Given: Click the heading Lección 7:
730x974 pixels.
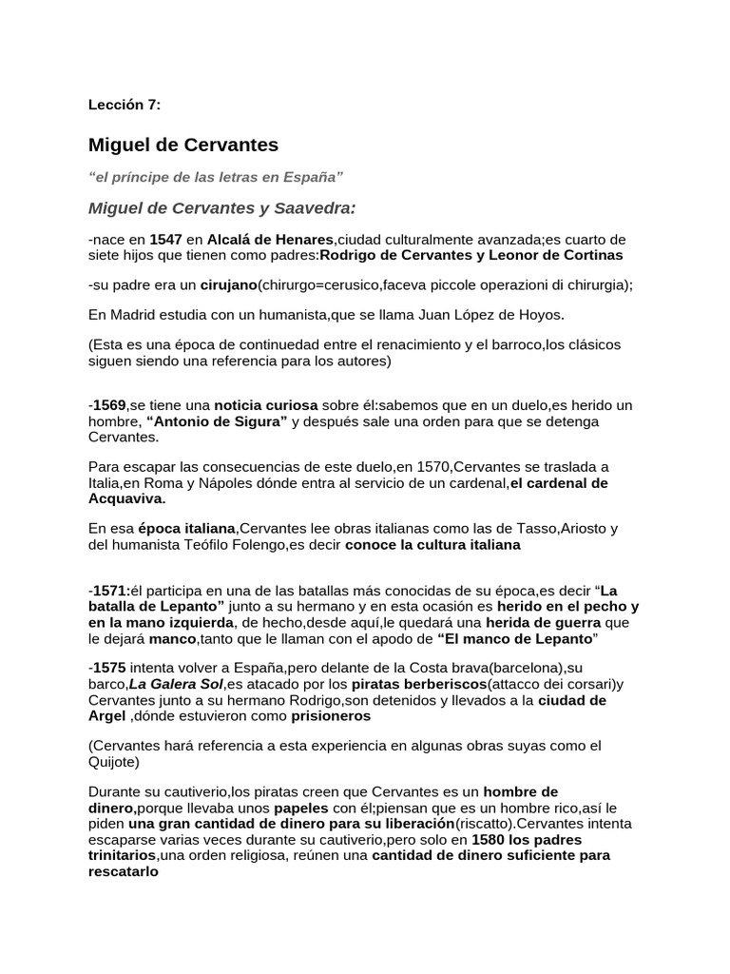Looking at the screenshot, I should [125, 104].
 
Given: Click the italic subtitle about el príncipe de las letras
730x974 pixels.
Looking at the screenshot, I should [215, 177].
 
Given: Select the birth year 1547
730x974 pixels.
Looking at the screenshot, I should [166, 239].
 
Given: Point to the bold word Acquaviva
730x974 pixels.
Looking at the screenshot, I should [125, 498].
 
